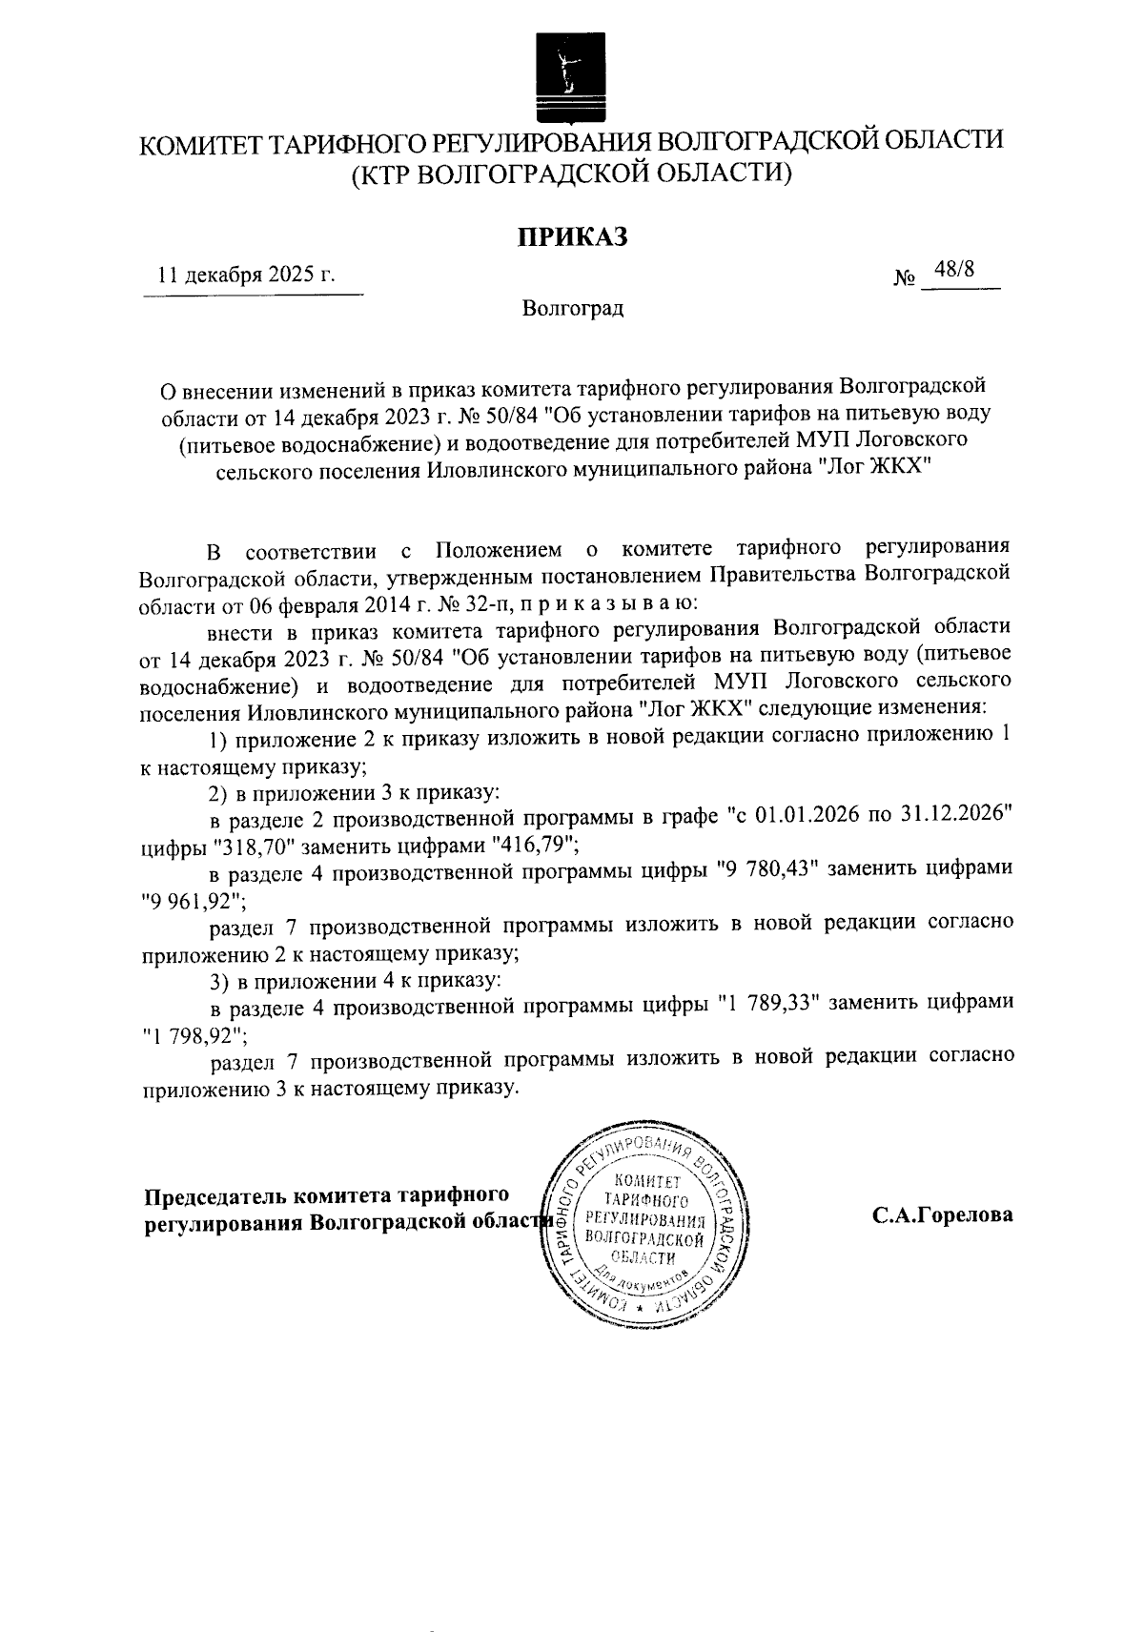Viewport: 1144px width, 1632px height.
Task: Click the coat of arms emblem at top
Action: (571, 77)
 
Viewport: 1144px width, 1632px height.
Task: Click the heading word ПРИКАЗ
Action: (572, 236)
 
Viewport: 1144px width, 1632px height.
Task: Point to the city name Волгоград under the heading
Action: (572, 309)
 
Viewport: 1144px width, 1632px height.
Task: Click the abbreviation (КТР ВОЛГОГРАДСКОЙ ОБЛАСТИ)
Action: (572, 174)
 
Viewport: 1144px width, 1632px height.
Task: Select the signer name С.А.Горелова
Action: (941, 1216)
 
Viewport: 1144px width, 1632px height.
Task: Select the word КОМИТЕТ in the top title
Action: (198, 144)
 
